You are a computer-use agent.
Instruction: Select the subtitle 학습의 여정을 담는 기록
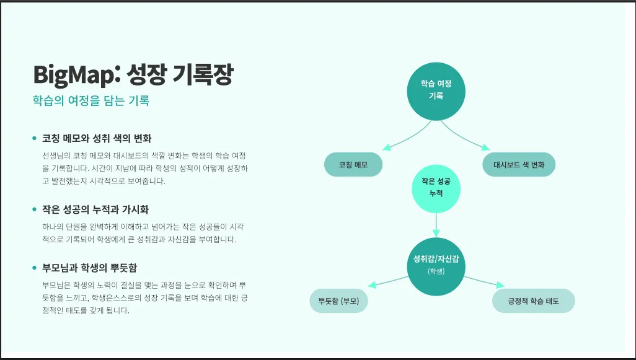[91, 100]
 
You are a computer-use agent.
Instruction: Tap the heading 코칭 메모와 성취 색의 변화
[97, 138]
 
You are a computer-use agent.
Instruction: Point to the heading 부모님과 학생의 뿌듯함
[89, 268]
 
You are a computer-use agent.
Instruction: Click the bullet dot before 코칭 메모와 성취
[35, 138]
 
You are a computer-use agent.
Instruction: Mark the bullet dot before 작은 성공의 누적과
[35, 210]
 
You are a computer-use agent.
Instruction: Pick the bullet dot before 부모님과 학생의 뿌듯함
[35, 268]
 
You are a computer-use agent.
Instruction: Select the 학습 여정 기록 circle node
[436, 90]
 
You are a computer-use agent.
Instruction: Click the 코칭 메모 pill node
[353, 165]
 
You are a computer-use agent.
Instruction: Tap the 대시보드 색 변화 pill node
[519, 165]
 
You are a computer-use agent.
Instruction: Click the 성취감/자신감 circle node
[436, 265]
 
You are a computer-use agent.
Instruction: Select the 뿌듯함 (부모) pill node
[338, 301]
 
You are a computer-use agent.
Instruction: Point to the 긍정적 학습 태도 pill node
[533, 301]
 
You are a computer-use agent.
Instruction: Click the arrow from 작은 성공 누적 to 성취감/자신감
[436, 224]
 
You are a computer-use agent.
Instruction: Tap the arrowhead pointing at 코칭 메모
[386, 148]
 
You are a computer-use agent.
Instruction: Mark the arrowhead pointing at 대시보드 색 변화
[487, 148]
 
